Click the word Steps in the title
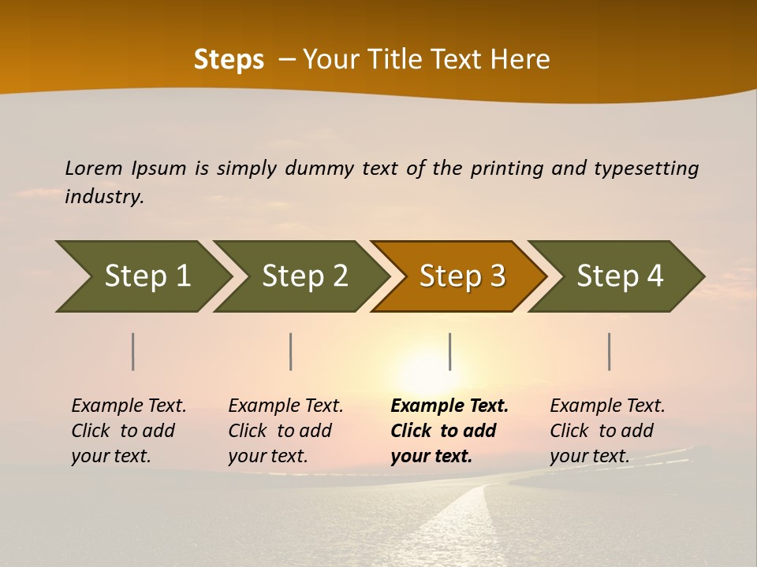(x=229, y=60)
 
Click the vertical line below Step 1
(x=133, y=351)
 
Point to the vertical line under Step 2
(x=291, y=351)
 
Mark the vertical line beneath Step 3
(x=449, y=351)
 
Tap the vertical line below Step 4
(x=610, y=351)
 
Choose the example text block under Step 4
(x=607, y=431)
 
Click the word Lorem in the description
(x=94, y=168)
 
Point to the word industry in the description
(x=104, y=197)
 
